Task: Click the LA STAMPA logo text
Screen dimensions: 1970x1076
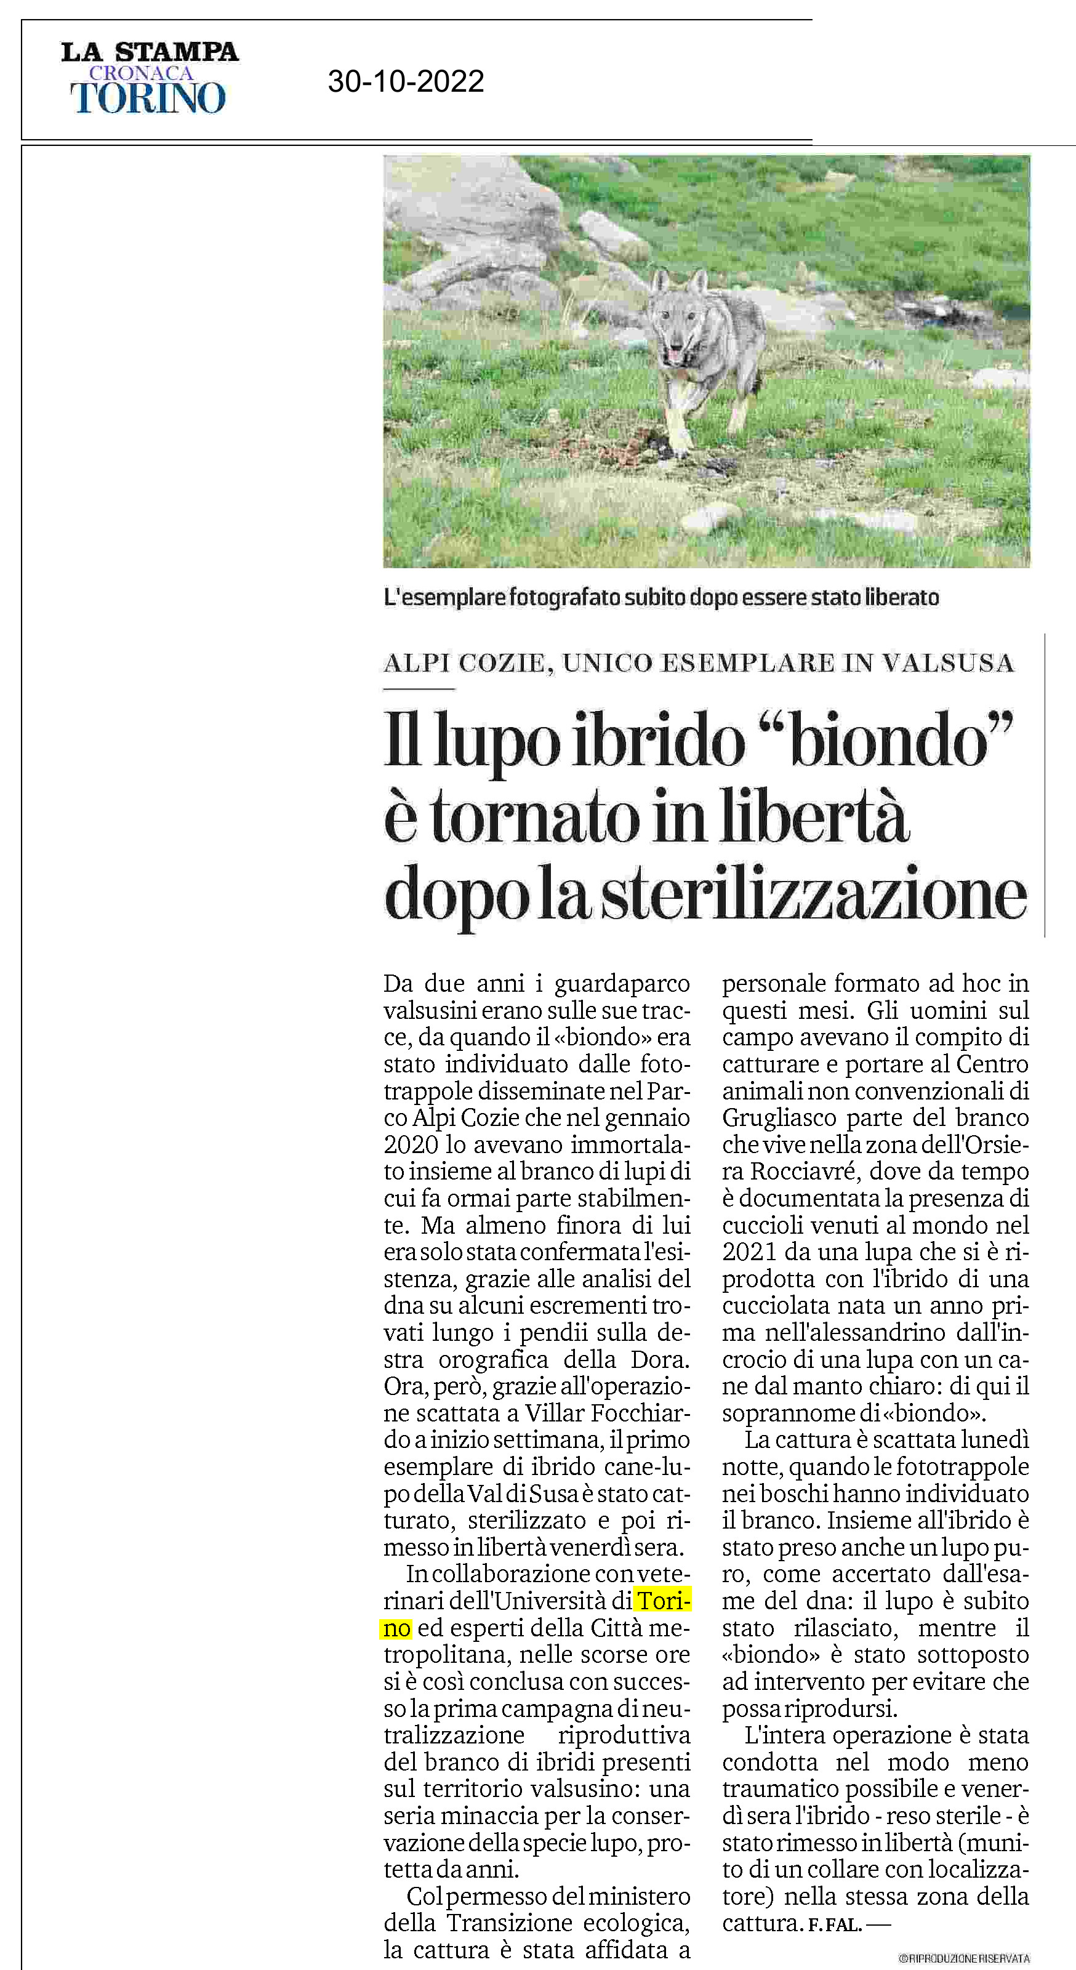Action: (x=150, y=52)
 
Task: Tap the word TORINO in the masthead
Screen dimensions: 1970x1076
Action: (x=148, y=98)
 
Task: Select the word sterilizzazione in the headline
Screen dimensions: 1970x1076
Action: (x=814, y=896)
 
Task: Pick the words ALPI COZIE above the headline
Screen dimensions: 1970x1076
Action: (x=465, y=663)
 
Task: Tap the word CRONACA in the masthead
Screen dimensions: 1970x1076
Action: (x=142, y=73)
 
